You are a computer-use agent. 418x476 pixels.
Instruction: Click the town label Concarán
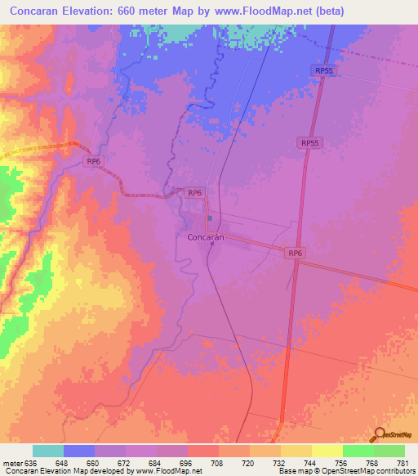click(200, 238)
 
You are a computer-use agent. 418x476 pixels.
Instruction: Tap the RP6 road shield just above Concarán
click(194, 193)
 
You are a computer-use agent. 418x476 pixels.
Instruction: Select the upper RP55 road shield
click(323, 71)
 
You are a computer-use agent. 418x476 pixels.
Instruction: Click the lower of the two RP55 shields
click(309, 143)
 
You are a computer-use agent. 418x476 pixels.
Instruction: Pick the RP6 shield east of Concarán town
click(296, 254)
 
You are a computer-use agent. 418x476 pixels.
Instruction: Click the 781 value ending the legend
click(402, 462)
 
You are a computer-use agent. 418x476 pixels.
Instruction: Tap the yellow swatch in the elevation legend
click(327, 451)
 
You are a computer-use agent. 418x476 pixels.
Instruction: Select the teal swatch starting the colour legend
click(48, 451)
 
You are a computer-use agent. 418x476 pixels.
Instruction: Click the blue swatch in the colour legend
click(79, 451)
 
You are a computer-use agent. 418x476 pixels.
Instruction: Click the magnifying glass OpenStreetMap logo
click(380, 434)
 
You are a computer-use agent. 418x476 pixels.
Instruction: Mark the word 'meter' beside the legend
click(12, 462)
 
